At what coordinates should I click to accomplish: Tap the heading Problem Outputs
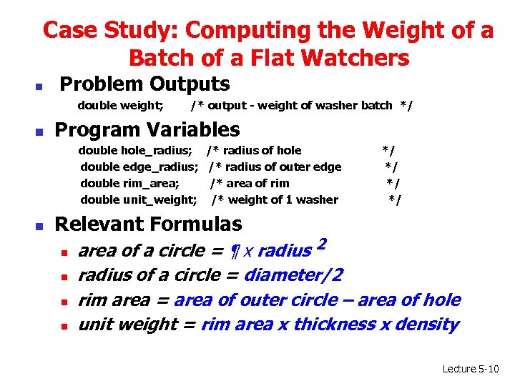tap(144, 84)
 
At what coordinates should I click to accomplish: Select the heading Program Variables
tap(147, 130)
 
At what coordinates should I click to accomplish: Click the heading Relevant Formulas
tap(148, 224)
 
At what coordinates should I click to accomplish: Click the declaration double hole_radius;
tap(134, 150)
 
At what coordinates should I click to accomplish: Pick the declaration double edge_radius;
tap(139, 167)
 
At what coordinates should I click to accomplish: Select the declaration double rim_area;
tap(129, 183)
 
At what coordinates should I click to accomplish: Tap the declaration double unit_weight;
tap(139, 199)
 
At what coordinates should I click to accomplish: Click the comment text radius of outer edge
tap(284, 167)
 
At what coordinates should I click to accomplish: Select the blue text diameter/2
tap(293, 275)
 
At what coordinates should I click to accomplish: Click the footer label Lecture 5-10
tap(471, 369)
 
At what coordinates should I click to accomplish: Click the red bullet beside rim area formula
tap(63, 302)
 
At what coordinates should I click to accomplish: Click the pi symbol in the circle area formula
tap(234, 252)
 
